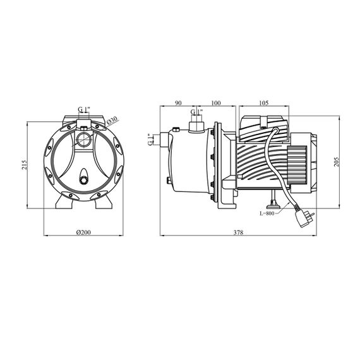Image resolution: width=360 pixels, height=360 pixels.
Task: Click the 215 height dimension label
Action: click(25, 165)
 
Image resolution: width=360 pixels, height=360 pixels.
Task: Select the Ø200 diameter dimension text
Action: click(83, 232)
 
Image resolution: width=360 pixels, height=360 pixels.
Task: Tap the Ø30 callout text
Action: click(112, 121)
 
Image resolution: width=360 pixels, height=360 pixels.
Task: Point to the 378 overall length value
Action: click(238, 232)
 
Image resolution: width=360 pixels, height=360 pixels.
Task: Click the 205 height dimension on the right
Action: click(337, 162)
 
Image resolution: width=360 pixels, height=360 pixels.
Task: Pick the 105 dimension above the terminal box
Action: click(264, 103)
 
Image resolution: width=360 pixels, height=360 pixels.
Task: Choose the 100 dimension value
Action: click(216, 103)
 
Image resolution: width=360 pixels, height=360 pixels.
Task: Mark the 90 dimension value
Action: click(178, 103)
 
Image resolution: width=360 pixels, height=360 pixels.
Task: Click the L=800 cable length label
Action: click(267, 213)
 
